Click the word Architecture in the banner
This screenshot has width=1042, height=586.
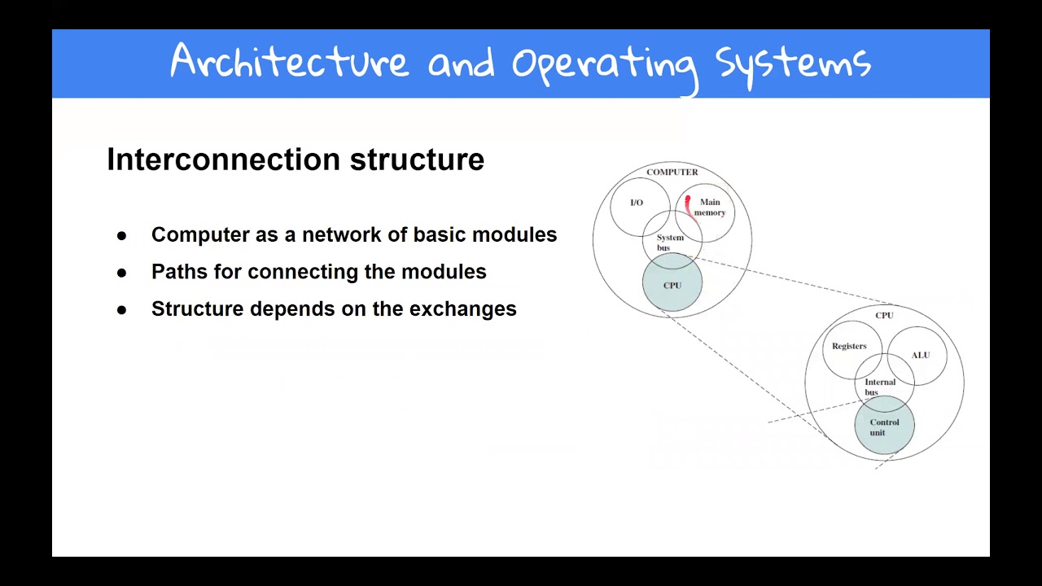(x=289, y=63)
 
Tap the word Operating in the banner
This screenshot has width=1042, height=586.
(x=605, y=64)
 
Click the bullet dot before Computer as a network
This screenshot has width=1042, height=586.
(x=122, y=235)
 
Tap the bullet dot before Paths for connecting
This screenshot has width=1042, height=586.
(x=122, y=273)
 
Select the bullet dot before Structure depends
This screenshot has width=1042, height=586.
(x=122, y=310)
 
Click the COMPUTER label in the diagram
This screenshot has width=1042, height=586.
(x=672, y=172)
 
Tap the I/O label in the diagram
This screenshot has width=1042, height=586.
(x=637, y=203)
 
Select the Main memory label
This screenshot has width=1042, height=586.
(x=710, y=208)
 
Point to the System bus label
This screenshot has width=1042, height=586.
(x=669, y=243)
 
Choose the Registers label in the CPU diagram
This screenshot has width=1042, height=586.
(x=849, y=346)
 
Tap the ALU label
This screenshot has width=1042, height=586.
(x=920, y=355)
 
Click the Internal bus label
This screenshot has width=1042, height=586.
(x=879, y=387)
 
